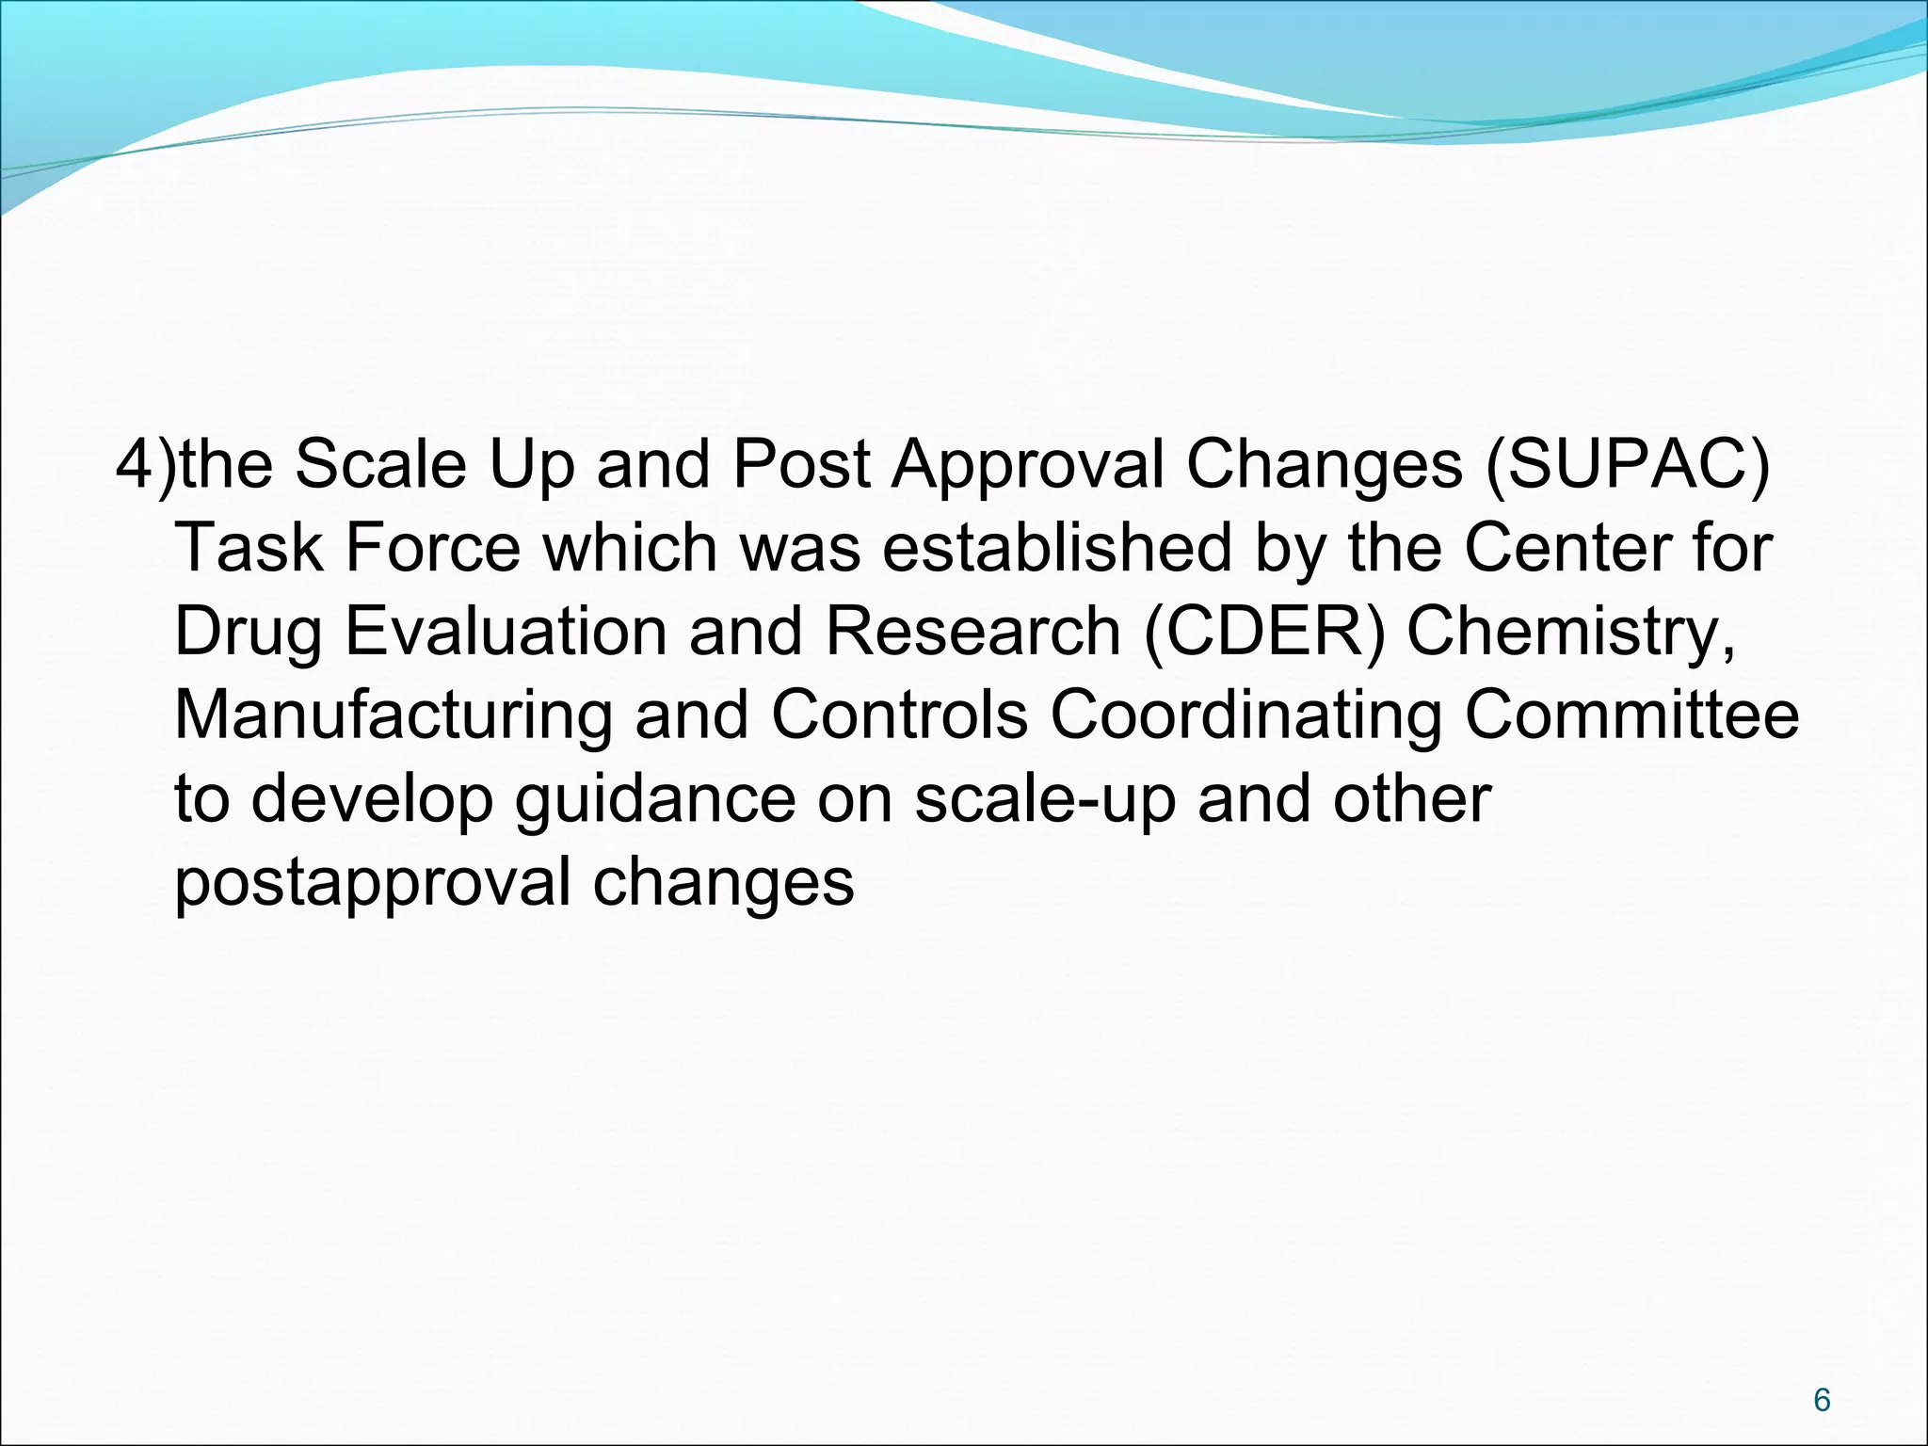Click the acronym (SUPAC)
(1628, 464)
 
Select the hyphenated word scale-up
(1045, 799)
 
